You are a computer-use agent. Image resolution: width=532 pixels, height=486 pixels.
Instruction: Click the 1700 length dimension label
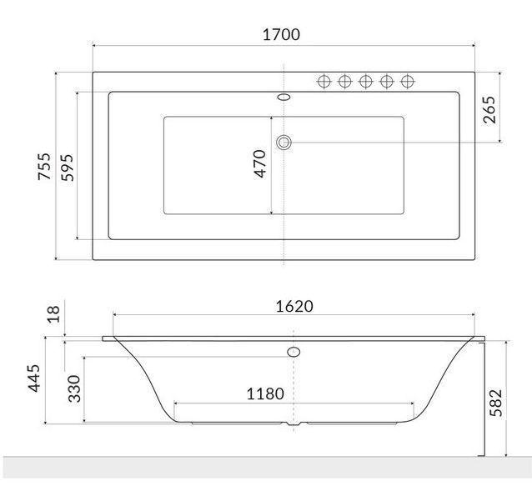click(281, 34)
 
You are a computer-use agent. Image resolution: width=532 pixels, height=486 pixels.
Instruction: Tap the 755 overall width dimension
click(44, 167)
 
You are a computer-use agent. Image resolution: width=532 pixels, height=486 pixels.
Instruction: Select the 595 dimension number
click(67, 168)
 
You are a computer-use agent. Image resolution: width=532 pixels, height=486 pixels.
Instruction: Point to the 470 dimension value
click(259, 163)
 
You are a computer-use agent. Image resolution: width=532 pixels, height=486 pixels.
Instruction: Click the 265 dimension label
click(489, 110)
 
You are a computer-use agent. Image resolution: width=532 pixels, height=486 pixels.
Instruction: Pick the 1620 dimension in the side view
click(294, 307)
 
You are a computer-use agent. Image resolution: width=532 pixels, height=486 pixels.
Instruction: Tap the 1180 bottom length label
click(265, 394)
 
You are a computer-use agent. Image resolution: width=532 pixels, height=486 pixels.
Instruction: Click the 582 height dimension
click(495, 403)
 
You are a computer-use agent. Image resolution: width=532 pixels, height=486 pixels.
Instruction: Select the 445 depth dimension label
click(33, 378)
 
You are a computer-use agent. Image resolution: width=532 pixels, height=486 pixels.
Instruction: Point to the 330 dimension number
click(74, 388)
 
